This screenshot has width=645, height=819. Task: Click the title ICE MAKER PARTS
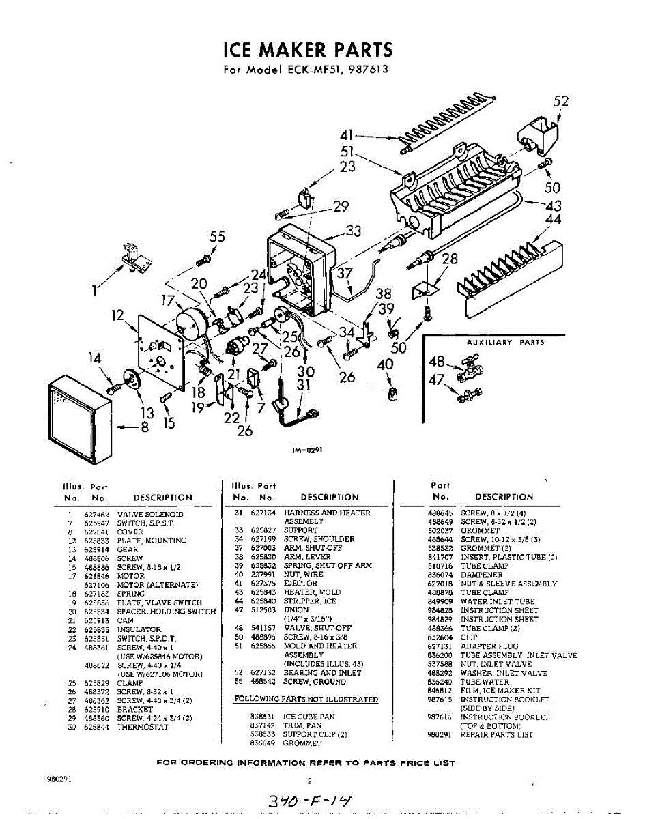[x=308, y=50]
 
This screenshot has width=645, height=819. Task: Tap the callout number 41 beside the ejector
[x=347, y=135]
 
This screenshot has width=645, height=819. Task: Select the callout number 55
[x=217, y=238]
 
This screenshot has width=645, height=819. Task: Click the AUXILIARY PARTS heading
[x=505, y=342]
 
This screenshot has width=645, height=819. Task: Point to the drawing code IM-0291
[x=309, y=450]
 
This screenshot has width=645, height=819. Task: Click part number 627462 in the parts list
[x=96, y=514]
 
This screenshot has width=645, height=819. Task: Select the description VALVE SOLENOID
[x=150, y=514]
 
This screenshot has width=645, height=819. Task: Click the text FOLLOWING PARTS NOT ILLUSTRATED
[x=306, y=699]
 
